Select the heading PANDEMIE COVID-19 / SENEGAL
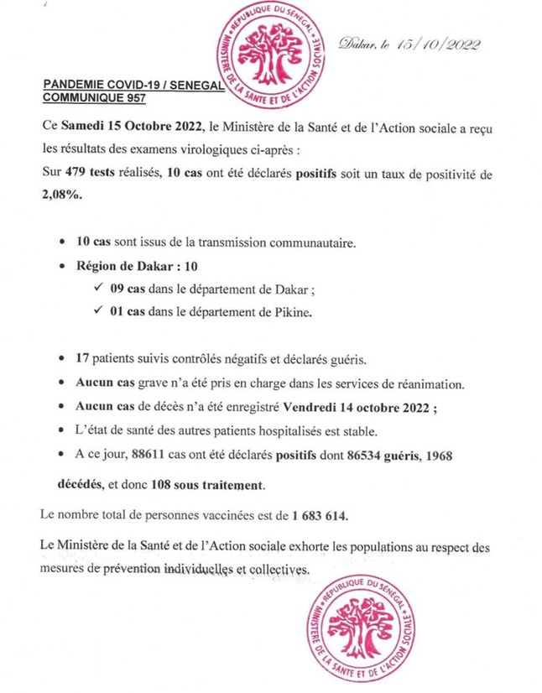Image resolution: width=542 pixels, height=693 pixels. coord(121,86)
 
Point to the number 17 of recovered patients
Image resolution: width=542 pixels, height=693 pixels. coord(83,358)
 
